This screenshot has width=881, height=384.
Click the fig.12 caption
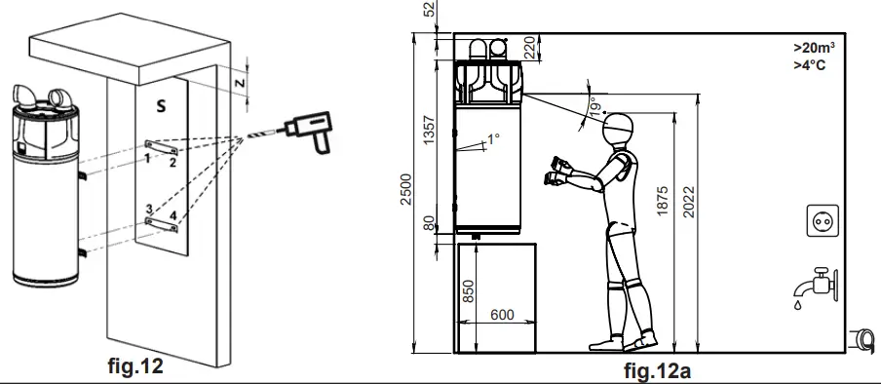click(134, 368)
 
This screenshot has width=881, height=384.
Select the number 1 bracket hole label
click(146, 156)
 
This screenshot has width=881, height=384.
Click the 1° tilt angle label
click(492, 139)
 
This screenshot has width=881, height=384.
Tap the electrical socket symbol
click(820, 221)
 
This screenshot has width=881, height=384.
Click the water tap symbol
click(812, 285)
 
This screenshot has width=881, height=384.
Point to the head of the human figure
click(617, 128)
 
